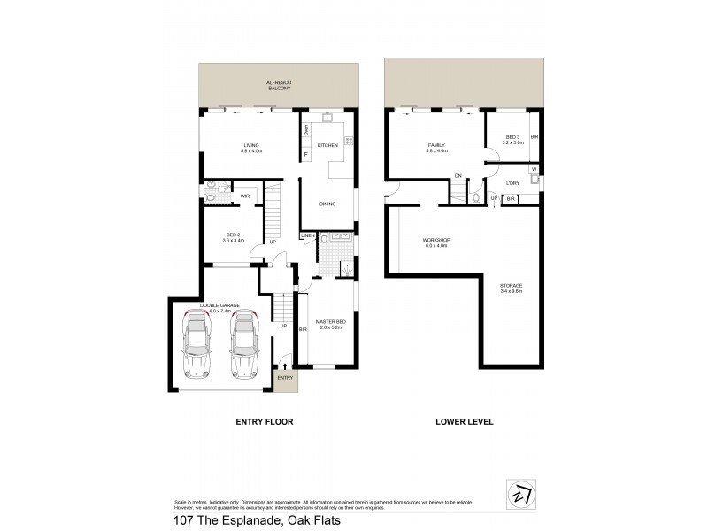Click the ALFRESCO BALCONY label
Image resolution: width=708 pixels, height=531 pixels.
pos(278,86)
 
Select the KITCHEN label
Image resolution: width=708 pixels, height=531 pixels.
pos(328,145)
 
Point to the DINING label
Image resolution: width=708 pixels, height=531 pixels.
pos(327,204)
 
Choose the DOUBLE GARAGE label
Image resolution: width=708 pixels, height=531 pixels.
pos(215,307)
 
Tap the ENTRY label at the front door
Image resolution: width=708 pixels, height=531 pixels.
pos(285,378)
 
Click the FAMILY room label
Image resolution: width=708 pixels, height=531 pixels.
pos(436,145)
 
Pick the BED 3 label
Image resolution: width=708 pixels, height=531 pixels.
pos(512,138)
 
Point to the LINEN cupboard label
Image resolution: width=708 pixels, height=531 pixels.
pos(308,235)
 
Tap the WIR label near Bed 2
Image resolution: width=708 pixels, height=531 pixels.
pos(244,195)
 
